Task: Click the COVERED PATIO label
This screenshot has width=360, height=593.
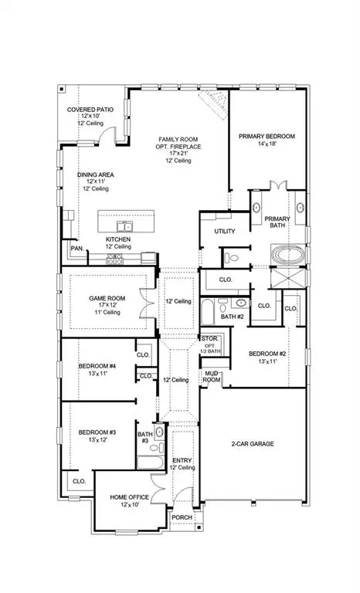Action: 90,110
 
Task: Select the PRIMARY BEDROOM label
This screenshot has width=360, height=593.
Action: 267,135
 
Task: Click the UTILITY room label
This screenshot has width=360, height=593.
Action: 226,231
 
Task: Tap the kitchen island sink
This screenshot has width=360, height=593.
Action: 123,226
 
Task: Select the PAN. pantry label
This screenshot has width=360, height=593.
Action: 76,249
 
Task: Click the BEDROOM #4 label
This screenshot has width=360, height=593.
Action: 97,366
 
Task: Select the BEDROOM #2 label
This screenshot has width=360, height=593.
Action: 267,354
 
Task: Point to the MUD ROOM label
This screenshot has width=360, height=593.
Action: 212,376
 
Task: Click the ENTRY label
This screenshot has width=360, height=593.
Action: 183,459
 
